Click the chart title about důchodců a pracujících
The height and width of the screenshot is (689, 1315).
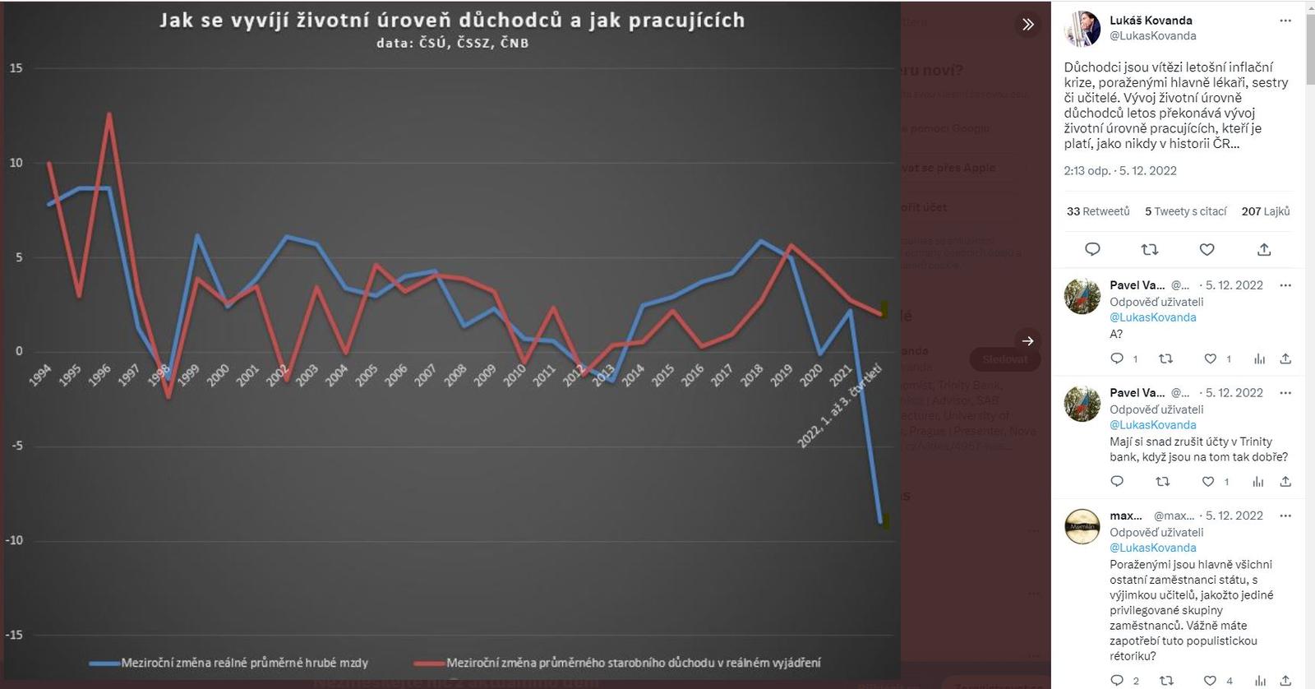(451, 21)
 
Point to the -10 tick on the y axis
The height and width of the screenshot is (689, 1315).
(16, 540)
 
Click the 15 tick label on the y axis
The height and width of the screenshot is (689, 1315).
(16, 68)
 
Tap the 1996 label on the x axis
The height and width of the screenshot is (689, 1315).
(99, 375)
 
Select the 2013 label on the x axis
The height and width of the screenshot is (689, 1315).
(603, 375)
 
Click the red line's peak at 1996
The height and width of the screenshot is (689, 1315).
(108, 114)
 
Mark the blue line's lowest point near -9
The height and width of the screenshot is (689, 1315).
(880, 521)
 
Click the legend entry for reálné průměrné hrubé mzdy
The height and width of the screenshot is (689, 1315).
(244, 663)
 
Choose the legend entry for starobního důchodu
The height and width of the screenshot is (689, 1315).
(633, 663)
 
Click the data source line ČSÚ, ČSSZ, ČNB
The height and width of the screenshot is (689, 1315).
(452, 43)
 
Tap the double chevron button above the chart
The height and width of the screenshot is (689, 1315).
(1027, 25)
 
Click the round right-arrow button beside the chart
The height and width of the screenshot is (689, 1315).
(1027, 340)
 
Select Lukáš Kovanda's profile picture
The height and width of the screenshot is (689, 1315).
(1082, 29)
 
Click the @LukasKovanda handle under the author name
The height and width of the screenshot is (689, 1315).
(1152, 36)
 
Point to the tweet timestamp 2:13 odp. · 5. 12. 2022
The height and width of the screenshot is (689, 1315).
(1119, 171)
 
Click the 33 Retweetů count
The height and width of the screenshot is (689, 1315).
(1098, 211)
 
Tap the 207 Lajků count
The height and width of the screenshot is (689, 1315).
(1265, 211)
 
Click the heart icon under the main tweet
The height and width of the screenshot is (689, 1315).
(1207, 249)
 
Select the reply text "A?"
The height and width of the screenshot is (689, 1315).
(1116, 334)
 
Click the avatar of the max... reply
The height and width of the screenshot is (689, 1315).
(1082, 526)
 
